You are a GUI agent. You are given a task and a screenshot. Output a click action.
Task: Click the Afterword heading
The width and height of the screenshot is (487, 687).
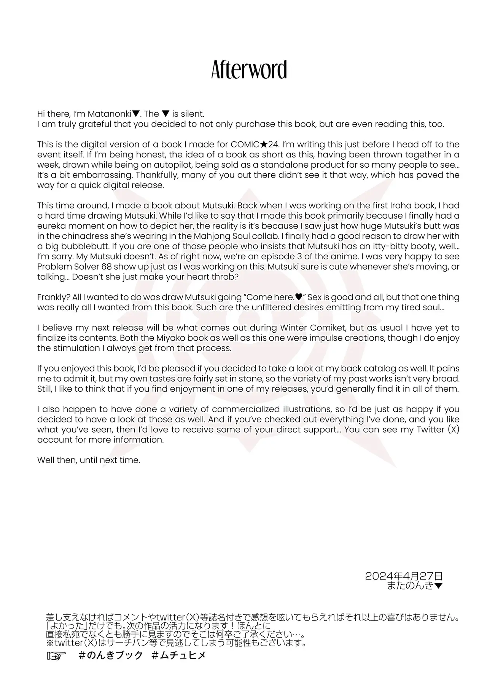[249, 70]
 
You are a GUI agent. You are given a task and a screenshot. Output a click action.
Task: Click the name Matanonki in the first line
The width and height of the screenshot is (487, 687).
[109, 114]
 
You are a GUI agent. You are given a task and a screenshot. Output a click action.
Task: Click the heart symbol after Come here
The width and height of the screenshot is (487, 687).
[299, 297]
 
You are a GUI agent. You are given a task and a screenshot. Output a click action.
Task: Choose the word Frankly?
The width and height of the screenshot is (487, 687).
[53, 297]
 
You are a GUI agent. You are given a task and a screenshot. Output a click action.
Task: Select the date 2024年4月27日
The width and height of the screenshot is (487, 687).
[404, 576]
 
